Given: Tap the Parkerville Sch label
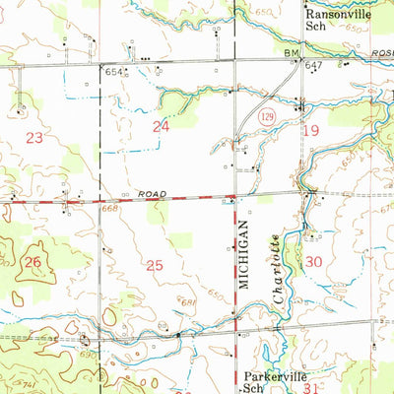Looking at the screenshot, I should click(267, 380).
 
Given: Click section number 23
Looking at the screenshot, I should click(34, 139).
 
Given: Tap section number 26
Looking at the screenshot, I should click(33, 262).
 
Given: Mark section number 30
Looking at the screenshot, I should click(314, 261).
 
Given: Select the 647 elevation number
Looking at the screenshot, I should click(314, 65).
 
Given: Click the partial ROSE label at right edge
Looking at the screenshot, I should click(382, 56).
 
